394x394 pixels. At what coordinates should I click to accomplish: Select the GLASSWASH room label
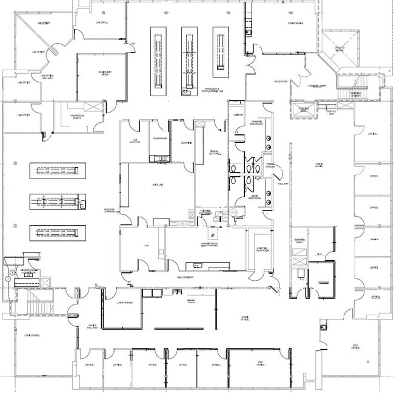[160, 139]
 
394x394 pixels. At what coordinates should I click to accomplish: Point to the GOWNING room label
[187, 142]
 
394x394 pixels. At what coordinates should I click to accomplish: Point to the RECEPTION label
[281, 81]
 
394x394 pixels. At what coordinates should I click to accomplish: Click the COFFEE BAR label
[330, 111]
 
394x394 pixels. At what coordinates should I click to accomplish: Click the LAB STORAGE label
[125, 302]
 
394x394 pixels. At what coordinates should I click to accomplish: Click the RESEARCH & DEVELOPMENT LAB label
[213, 90]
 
